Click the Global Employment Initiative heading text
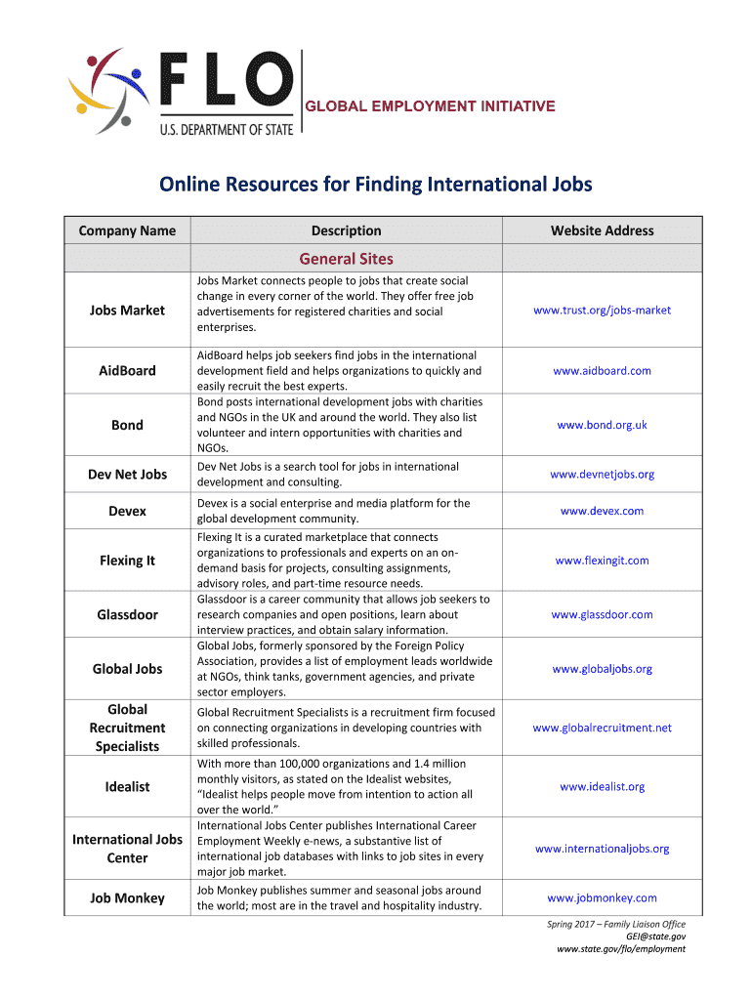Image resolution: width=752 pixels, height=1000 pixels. pos(432,105)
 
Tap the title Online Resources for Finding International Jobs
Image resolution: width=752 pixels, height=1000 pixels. pos(376,185)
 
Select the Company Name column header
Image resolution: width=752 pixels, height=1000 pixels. pos(127,230)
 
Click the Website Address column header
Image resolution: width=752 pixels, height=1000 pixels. pos(602,230)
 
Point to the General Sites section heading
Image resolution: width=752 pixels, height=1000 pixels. pos(346,259)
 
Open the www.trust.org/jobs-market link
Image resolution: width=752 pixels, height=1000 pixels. pos(602,311)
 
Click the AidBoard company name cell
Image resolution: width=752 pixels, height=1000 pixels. pos(127,371)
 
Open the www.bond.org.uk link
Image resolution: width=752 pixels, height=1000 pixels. pos(602,425)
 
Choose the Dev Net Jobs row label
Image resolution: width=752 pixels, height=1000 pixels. pos(127,475)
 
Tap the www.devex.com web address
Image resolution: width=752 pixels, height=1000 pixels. pos(602,511)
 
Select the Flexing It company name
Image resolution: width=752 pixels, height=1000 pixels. pos(127,561)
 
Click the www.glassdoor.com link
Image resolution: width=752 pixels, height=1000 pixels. pos(602,615)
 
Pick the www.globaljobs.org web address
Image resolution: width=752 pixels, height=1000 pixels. pos(602,669)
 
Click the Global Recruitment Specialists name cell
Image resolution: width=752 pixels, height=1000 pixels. pos(127,728)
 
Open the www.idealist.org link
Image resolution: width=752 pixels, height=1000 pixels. pos(602,786)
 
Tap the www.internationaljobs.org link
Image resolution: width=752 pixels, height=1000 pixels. pos(602,849)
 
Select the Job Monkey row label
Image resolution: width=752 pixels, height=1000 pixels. pos(127,898)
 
